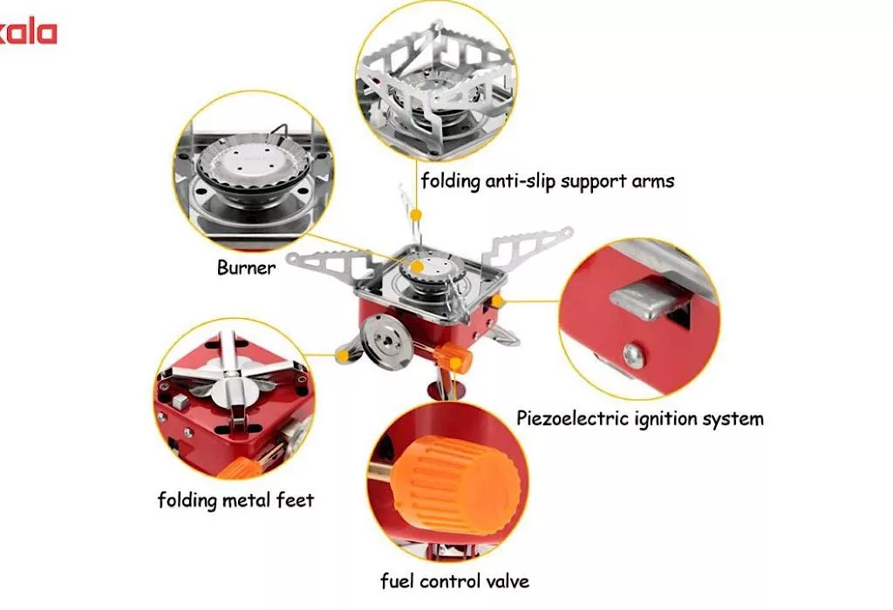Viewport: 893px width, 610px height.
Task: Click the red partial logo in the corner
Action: click(29, 33)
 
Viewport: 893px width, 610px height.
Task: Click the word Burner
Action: click(246, 268)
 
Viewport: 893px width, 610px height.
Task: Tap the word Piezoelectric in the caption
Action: click(569, 419)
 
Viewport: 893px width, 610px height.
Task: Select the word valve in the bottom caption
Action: click(508, 581)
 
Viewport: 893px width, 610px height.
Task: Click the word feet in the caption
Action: click(295, 499)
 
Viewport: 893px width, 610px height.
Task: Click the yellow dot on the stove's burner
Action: click(418, 267)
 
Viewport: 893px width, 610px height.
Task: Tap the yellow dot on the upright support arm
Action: click(416, 214)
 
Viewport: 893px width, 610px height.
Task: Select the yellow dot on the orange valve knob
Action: click(455, 363)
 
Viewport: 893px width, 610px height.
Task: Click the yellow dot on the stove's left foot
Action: click(342, 356)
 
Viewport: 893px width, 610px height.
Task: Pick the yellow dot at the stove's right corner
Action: click(497, 301)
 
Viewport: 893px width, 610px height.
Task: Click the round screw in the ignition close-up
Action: click(634, 355)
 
